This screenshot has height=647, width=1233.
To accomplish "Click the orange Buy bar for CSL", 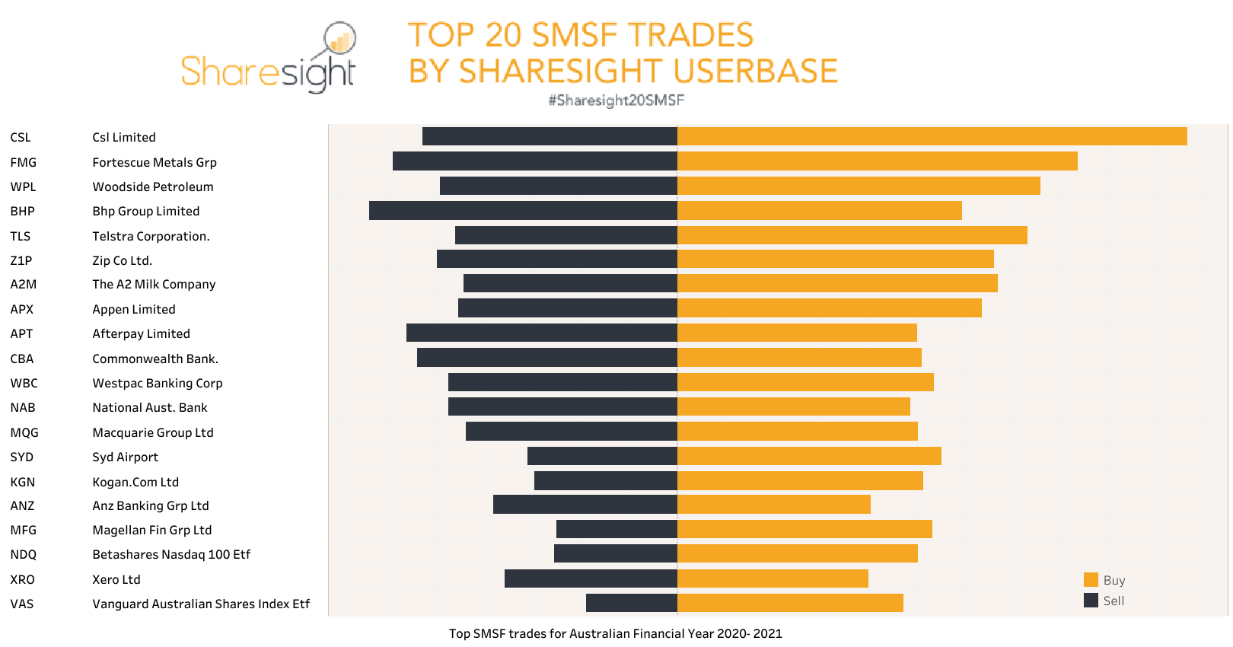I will [x=932, y=136].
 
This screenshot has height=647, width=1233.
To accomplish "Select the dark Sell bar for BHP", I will [x=523, y=210].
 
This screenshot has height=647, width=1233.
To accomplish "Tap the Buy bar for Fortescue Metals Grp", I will [x=877, y=161].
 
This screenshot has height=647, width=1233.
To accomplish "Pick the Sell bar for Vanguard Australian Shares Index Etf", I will [x=631, y=603].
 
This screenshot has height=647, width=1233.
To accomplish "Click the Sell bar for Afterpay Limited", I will [x=541, y=333].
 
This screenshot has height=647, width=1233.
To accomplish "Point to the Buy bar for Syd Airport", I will [x=809, y=456].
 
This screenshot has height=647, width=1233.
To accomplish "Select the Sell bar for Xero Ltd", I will [x=591, y=578].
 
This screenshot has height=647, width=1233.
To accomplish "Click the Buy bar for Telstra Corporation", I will [x=852, y=235].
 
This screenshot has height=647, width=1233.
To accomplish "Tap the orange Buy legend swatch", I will [x=1091, y=580].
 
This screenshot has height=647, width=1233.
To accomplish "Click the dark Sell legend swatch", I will [x=1091, y=600].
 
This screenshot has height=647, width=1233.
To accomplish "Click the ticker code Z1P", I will [x=21, y=260].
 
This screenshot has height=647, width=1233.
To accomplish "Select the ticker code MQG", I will [x=24, y=432].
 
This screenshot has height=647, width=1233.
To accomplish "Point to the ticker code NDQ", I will [x=24, y=554].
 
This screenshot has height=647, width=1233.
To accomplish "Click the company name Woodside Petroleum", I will [x=153, y=186].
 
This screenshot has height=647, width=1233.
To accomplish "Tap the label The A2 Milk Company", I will [x=154, y=284].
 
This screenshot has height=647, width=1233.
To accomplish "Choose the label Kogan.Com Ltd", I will [x=135, y=482].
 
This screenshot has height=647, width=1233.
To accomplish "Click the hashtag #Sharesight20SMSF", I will [x=616, y=100].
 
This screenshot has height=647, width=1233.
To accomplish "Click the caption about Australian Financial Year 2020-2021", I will [x=615, y=633].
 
